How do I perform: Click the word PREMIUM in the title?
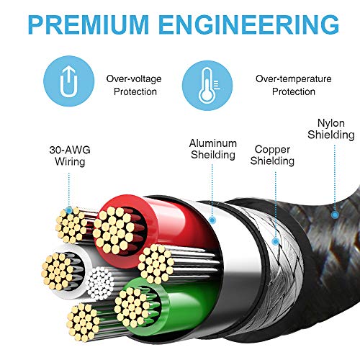pyautogui.click(x=89, y=24)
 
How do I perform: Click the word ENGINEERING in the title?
pyautogui.click(x=248, y=24)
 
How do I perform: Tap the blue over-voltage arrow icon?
pyautogui.click(x=69, y=81)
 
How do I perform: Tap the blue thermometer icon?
pyautogui.click(x=207, y=85)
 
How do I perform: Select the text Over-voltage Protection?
pyautogui.click(x=134, y=85)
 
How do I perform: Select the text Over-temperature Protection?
pyautogui.click(x=294, y=85)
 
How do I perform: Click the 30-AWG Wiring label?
pyautogui.click(x=70, y=156)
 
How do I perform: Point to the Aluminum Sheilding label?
pyautogui.click(x=213, y=149)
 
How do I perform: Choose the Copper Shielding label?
pyautogui.click(x=272, y=155)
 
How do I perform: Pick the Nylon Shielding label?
pyautogui.click(x=331, y=129)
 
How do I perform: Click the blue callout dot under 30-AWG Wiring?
pyautogui.click(x=69, y=210)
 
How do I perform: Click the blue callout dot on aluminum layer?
pyautogui.click(x=212, y=220)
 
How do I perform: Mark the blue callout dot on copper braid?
pyautogui.click(x=276, y=241)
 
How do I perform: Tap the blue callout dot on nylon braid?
pyautogui.click(x=335, y=215)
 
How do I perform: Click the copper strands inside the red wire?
pyautogui.click(x=114, y=230)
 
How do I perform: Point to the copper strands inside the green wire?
pyautogui.click(x=132, y=307)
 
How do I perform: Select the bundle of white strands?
pyautogui.click(x=100, y=284)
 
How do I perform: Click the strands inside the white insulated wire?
pyautogui.click(x=58, y=271)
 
